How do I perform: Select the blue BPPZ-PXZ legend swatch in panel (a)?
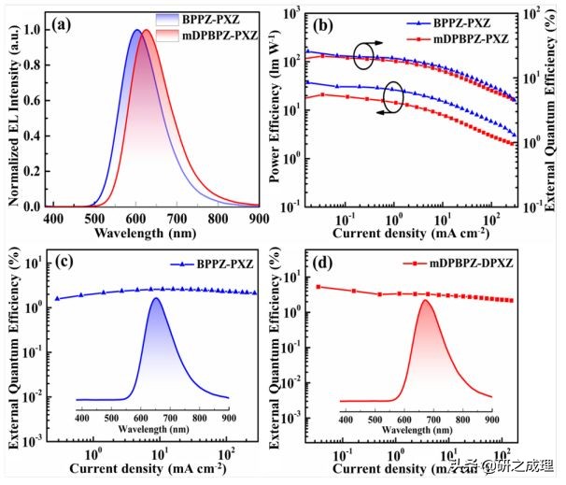tap(171, 18)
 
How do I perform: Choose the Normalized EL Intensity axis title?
tap(12, 117)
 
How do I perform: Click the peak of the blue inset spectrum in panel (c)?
tap(156, 298)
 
